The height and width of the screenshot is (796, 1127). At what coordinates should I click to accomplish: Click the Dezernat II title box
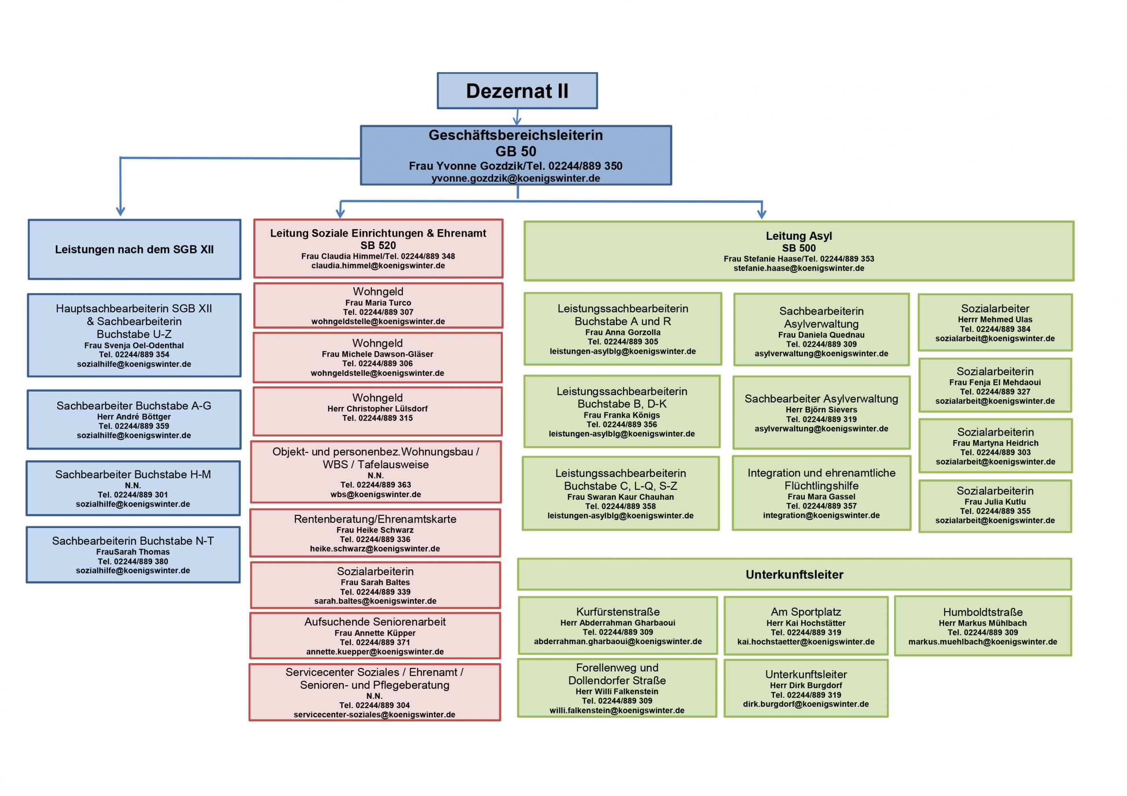tap(517, 91)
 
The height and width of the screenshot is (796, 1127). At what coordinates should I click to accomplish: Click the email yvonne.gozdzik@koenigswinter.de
tap(516, 179)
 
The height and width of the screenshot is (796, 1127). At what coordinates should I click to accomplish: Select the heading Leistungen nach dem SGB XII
tap(134, 249)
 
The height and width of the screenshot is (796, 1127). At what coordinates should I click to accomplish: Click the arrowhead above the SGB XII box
tap(120, 212)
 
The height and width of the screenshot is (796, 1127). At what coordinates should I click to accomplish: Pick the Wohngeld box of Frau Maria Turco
tap(378, 305)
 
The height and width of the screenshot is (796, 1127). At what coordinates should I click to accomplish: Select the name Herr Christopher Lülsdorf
tap(377, 409)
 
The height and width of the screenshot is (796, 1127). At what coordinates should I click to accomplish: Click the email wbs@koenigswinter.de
tap(376, 495)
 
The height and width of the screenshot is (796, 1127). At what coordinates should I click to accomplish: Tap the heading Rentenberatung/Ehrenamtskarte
tap(375, 519)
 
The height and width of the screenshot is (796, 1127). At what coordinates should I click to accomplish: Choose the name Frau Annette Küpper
tap(375, 633)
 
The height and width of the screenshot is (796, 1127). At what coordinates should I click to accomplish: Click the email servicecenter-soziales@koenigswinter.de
tap(375, 715)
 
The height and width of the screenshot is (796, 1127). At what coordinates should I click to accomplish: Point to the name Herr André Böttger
tap(134, 417)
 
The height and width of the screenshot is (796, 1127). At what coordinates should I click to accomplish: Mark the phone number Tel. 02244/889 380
tap(133, 561)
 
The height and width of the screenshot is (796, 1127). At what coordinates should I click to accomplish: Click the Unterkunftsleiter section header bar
tap(794, 575)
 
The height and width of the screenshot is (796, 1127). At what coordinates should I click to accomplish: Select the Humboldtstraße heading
tap(983, 612)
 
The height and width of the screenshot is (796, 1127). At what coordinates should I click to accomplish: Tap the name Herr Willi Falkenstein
tap(617, 691)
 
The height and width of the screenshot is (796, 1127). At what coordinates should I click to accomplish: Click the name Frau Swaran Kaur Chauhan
tap(620, 497)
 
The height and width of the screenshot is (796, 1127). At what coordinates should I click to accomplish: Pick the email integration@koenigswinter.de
tap(821, 515)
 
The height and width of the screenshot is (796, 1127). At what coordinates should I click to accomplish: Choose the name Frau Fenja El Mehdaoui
tap(995, 382)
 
